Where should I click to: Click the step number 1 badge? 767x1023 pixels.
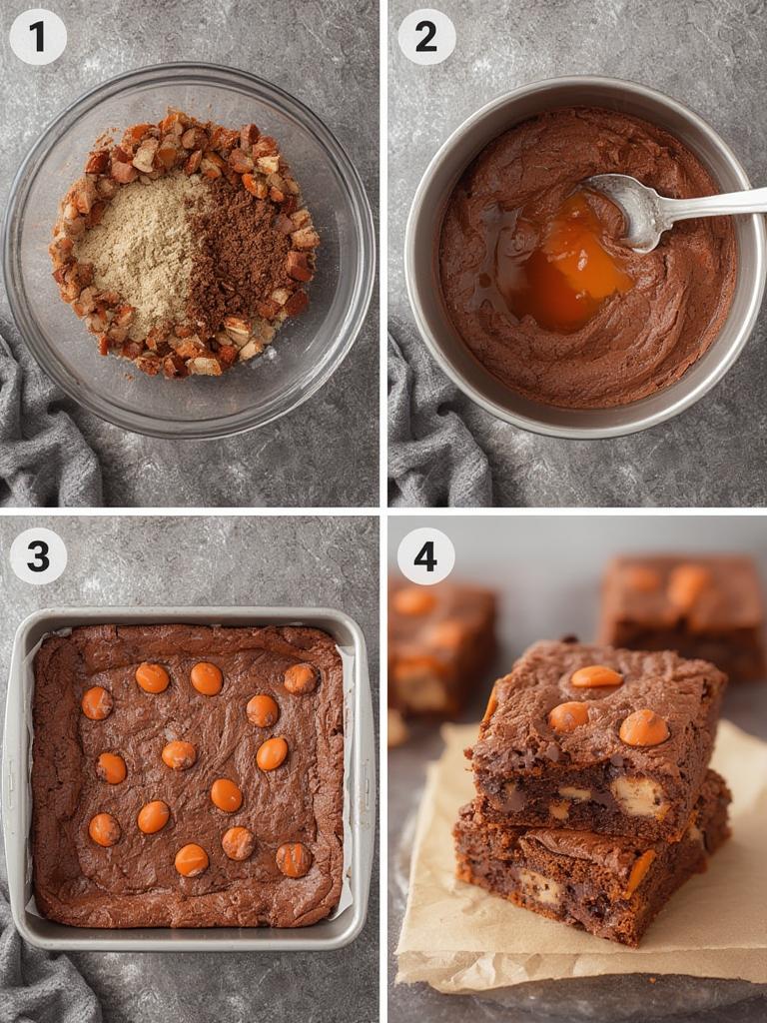(38, 37)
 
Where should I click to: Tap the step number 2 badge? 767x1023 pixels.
(426, 37)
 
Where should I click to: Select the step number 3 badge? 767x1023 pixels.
(38, 556)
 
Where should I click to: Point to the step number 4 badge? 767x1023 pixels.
(426, 556)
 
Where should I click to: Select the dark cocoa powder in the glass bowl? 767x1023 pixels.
(240, 250)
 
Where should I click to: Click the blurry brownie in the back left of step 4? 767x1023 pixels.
(439, 639)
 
